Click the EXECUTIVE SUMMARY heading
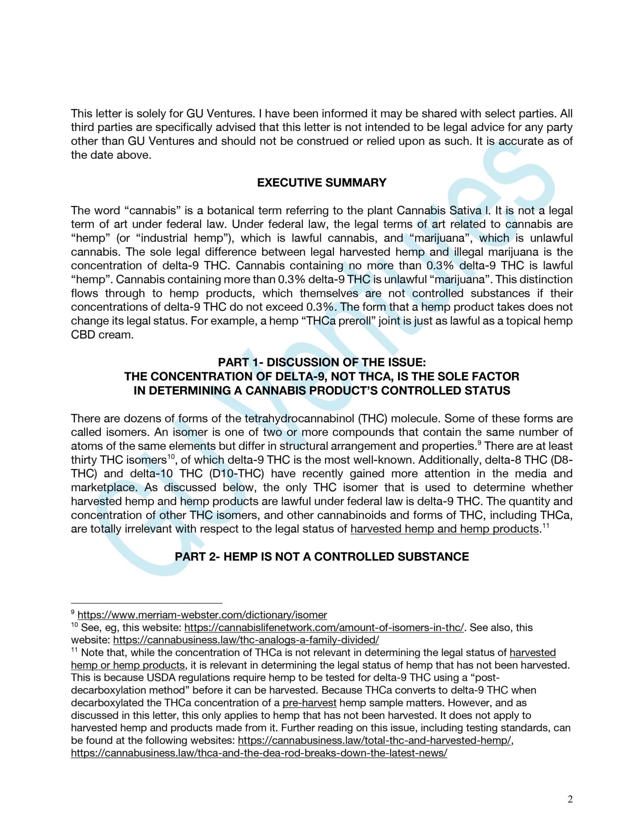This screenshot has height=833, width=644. click(322, 183)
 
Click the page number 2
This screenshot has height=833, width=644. click(570, 799)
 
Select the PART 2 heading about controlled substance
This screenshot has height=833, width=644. click(322, 557)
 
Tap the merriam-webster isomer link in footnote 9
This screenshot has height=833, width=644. click(202, 615)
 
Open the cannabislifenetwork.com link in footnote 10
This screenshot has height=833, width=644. click(324, 627)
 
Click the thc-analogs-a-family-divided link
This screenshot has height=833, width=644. click(246, 640)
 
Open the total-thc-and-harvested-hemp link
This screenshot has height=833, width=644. click(375, 740)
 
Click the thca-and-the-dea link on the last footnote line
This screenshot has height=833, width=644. click(259, 753)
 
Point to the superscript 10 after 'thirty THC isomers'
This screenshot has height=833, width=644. click(171, 457)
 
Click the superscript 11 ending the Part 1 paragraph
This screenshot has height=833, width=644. click(546, 526)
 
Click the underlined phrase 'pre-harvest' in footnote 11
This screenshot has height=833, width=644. click(309, 702)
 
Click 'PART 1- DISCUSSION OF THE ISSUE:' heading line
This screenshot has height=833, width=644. click(322, 362)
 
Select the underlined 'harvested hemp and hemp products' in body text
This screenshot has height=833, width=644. click(444, 529)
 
